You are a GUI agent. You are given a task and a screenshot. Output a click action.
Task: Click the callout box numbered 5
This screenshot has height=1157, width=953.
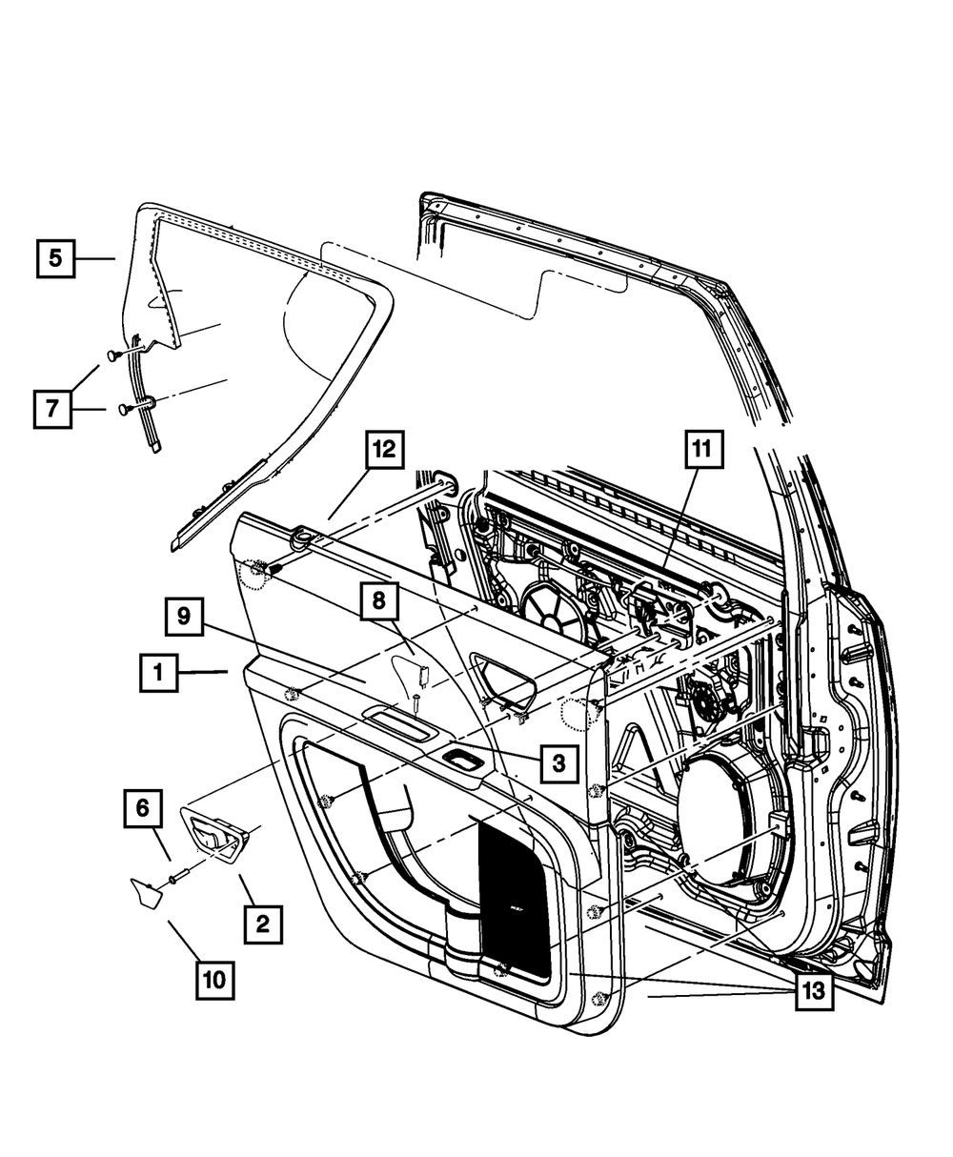56,257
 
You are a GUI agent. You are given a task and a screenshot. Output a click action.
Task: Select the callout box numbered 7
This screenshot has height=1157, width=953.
52,409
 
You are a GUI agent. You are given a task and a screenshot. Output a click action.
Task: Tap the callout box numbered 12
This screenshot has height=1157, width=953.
383,450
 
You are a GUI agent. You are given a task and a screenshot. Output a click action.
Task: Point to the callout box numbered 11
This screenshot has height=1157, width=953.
702,450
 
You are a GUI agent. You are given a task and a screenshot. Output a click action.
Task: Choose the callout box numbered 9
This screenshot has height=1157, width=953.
184,617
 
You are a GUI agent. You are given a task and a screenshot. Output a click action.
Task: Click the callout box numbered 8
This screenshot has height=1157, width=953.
379,599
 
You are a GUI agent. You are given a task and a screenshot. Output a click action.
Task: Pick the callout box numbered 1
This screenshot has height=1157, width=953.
159,673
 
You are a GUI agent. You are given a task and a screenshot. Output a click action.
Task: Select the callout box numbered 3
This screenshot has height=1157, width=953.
558,763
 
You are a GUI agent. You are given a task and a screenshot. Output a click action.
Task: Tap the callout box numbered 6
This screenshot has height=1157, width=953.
142,809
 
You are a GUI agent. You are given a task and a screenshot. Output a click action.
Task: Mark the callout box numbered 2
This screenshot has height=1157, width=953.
262,923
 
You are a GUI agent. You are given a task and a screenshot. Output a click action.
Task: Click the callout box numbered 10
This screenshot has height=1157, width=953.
215,978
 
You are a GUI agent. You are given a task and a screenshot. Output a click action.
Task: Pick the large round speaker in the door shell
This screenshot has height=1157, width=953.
729,810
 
